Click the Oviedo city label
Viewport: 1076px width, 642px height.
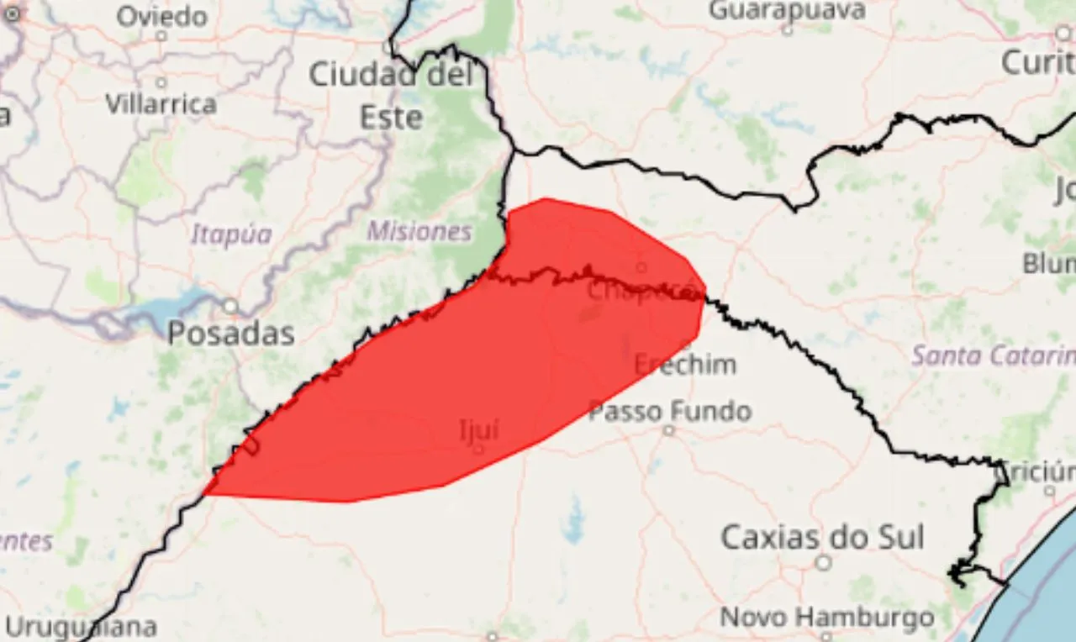(161, 16)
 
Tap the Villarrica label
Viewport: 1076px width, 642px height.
(161, 103)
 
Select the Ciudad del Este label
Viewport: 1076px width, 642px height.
(391, 95)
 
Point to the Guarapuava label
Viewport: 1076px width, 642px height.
(787, 10)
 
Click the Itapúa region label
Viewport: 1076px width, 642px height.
(231, 234)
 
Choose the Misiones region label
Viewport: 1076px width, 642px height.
(419, 231)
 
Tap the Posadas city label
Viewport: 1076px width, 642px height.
(230, 334)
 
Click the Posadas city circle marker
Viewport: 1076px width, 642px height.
(229, 306)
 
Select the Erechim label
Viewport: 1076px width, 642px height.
(685, 365)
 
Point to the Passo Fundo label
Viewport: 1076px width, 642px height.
(669, 411)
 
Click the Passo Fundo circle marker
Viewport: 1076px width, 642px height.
(668, 430)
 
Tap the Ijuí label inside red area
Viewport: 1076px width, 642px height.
(479, 430)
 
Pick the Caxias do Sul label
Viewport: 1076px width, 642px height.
(822, 537)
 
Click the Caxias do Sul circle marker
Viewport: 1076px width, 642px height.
(824, 562)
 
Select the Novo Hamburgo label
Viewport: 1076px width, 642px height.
(826, 618)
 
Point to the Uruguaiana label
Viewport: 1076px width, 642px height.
(81, 627)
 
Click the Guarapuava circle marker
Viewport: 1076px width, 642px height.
(787, 30)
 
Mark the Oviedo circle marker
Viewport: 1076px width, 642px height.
(161, 36)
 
